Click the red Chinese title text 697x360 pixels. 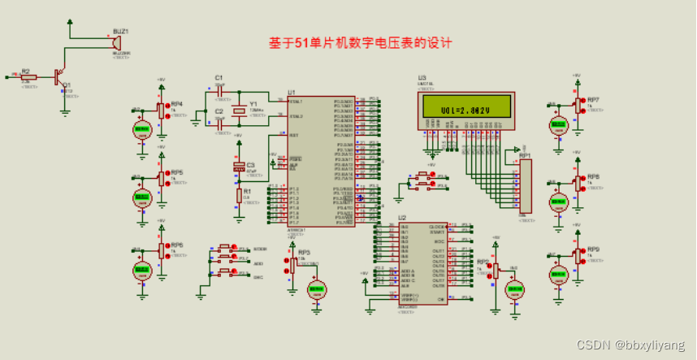tap(359, 42)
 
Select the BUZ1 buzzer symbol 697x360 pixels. tap(116, 41)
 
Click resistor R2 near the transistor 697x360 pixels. tap(26, 76)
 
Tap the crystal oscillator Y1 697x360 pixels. tap(238, 111)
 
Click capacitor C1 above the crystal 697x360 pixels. tap(219, 90)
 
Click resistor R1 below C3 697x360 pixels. tap(239, 196)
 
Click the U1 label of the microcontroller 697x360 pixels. tap(291, 93)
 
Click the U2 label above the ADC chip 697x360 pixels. tap(402, 218)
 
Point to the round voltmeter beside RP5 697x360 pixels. tap(142, 197)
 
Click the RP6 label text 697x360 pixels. tap(176, 245)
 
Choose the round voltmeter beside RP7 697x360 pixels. tap(558, 125)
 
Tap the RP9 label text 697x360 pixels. tap(593, 249)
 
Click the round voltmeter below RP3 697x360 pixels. tap(315, 288)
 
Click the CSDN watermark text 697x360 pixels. tap(630, 345)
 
